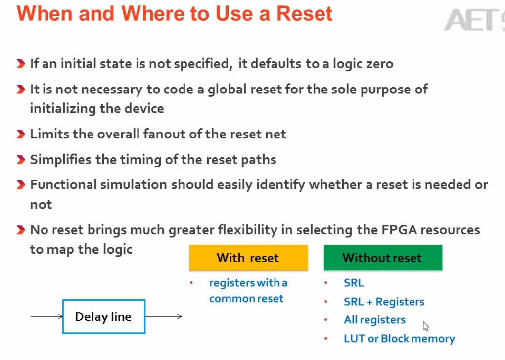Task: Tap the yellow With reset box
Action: [x=248, y=258]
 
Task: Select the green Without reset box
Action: [x=383, y=258]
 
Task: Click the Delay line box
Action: [x=104, y=316]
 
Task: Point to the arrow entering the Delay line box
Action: [x=46, y=316]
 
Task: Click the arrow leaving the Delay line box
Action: [x=164, y=316]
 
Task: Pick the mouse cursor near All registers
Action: [x=426, y=326]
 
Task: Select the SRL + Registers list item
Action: [x=384, y=301]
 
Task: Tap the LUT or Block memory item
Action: [x=399, y=338]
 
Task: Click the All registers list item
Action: [x=374, y=320]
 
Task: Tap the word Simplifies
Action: [x=60, y=159]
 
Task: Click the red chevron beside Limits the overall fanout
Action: [x=21, y=134]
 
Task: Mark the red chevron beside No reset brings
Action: [x=21, y=230]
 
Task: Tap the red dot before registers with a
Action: [x=191, y=283]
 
